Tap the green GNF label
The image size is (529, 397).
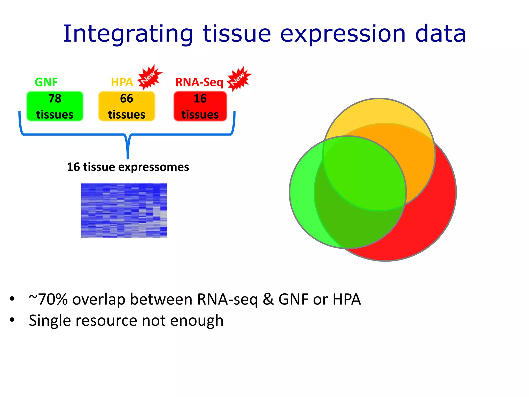(x=46, y=82)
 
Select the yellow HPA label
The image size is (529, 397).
(x=122, y=82)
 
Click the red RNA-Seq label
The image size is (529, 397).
(x=199, y=82)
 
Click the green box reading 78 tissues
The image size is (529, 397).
(x=55, y=106)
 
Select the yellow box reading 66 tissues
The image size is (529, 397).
(x=127, y=106)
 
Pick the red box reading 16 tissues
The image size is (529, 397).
(x=200, y=106)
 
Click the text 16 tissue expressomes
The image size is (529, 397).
(x=128, y=167)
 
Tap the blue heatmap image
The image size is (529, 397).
(x=124, y=210)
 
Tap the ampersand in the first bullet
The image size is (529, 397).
(x=268, y=299)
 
